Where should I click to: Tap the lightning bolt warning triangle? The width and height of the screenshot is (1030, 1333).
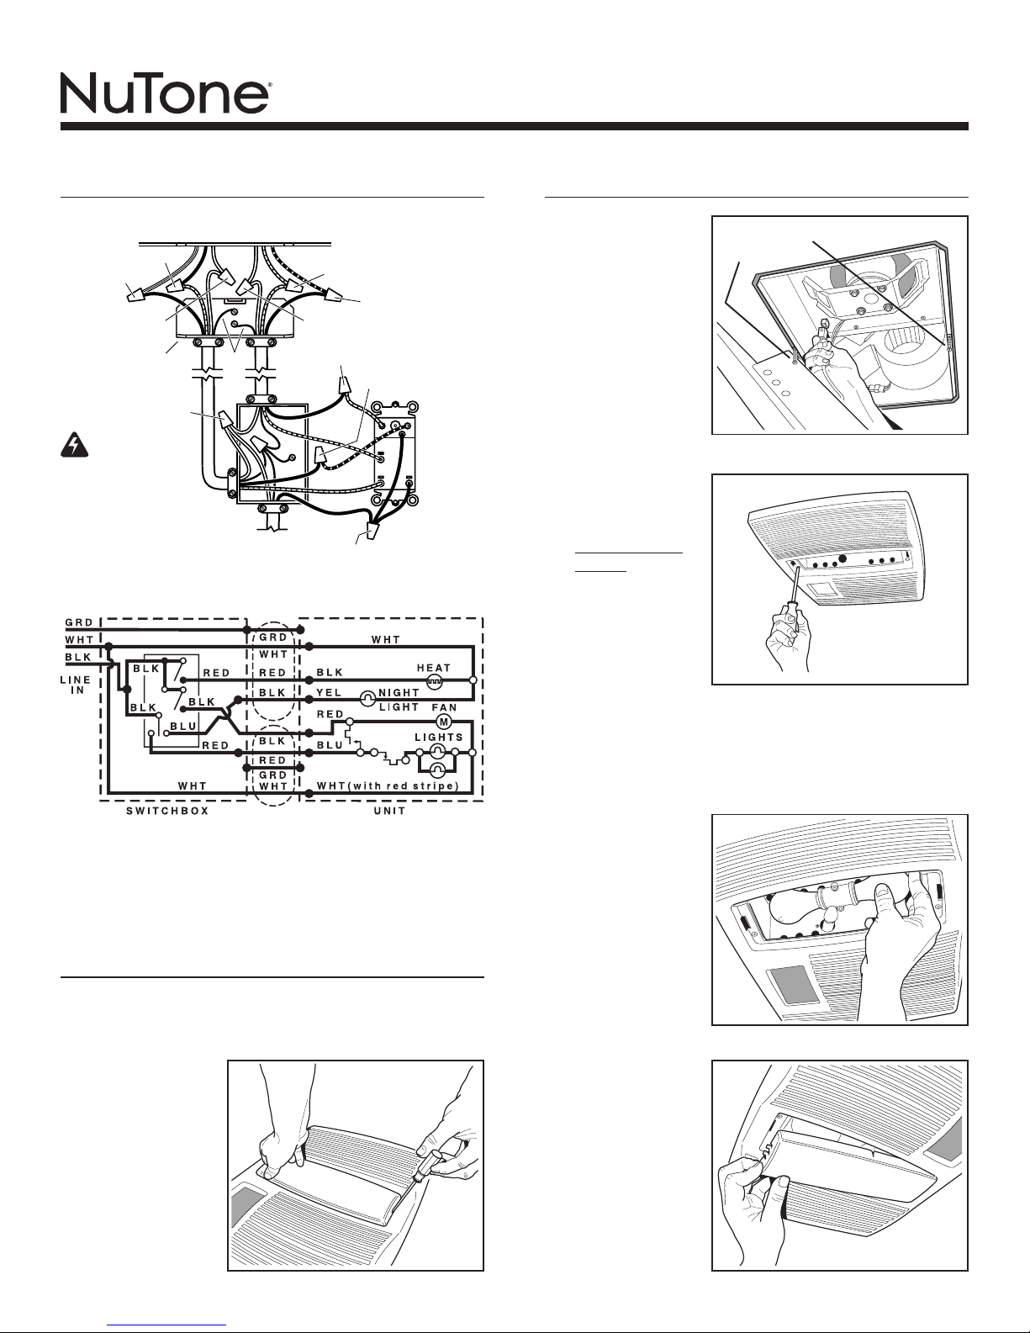(x=74, y=446)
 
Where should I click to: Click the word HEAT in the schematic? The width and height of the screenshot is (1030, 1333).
(x=434, y=668)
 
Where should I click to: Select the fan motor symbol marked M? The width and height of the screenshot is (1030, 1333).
(x=443, y=722)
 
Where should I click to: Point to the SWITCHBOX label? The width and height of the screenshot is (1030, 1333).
(x=167, y=811)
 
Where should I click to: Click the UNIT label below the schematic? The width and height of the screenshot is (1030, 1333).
(x=390, y=811)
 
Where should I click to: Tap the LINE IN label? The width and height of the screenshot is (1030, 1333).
(x=76, y=685)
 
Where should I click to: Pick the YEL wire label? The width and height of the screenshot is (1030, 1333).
(x=329, y=692)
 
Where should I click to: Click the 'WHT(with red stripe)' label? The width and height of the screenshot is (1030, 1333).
(x=388, y=786)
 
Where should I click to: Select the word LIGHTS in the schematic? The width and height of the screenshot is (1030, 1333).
(x=439, y=737)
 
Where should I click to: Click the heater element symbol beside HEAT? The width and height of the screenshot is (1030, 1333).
(x=434, y=680)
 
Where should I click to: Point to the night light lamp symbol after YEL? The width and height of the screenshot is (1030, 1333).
(x=367, y=698)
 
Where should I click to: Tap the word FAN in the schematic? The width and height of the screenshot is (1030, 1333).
(x=445, y=707)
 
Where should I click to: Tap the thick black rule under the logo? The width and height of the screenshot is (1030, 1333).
(x=515, y=126)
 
